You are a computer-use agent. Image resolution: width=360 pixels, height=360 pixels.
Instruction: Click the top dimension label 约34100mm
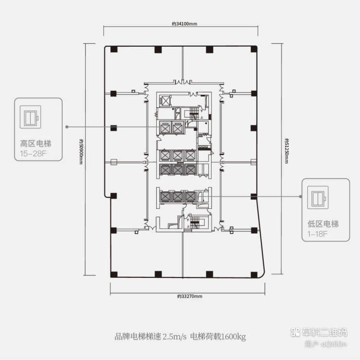point(180,23)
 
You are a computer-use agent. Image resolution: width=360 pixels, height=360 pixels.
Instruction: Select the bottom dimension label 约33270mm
point(189,296)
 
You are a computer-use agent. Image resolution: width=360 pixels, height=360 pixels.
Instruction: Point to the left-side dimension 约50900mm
point(81,152)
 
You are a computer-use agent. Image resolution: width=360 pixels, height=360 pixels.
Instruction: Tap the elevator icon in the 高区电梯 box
point(30,118)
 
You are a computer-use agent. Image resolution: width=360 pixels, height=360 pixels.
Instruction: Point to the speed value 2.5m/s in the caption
point(175,336)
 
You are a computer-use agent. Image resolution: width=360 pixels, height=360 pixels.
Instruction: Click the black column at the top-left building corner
point(112,49)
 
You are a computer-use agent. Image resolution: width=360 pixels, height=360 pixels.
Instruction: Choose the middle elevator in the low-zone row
point(178,197)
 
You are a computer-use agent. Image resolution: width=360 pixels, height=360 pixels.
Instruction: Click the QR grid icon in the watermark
point(294,333)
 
